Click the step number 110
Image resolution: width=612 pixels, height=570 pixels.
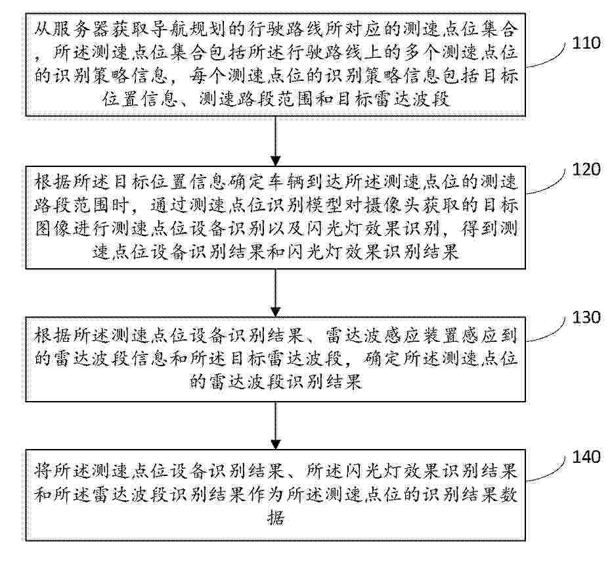[x=587, y=44]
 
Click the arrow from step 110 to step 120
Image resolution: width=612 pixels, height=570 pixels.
[x=276, y=141]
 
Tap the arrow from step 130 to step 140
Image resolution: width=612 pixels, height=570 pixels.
[x=276, y=428]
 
